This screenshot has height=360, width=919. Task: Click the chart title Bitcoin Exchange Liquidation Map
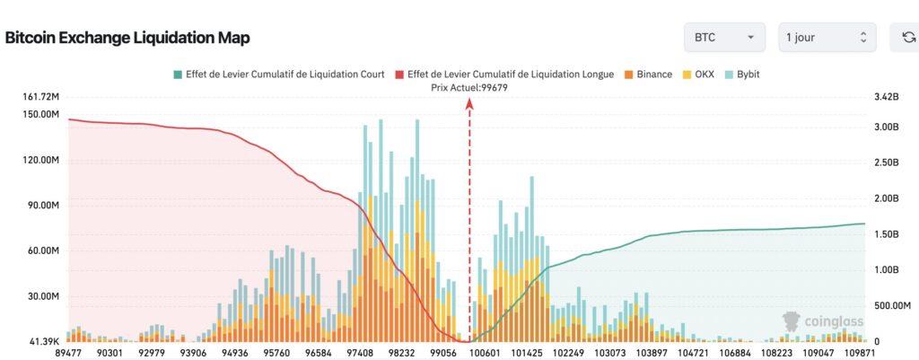[127, 38]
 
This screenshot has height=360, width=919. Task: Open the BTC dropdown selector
[723, 38]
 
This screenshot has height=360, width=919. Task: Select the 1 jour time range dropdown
[827, 38]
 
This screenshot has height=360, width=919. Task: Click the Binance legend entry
[647, 74]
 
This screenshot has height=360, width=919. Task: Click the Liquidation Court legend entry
[279, 74]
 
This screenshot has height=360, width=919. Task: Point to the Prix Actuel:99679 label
[468, 87]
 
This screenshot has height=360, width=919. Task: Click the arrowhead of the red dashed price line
[468, 103]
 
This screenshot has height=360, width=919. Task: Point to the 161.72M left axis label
[40, 96]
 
